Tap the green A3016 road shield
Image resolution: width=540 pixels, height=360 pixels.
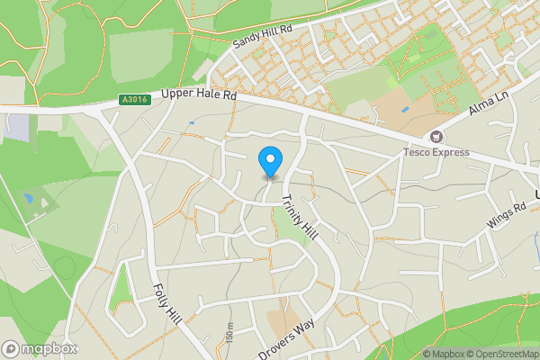tap(132, 102)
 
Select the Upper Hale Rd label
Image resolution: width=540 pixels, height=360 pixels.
tap(199, 94)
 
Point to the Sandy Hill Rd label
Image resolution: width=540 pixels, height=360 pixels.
tap(263, 36)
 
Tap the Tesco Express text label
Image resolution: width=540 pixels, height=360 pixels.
tap(436, 152)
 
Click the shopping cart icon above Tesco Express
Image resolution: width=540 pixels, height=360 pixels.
tap(436, 137)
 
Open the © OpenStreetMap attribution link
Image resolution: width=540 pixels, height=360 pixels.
tap(503, 354)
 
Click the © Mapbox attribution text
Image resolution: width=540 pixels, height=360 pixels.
tap(444, 354)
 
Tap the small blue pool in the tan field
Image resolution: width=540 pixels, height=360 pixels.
tap(405, 109)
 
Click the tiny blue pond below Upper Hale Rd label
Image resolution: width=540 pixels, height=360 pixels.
tap(192, 121)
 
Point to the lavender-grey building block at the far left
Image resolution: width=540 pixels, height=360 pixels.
tap(15, 127)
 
